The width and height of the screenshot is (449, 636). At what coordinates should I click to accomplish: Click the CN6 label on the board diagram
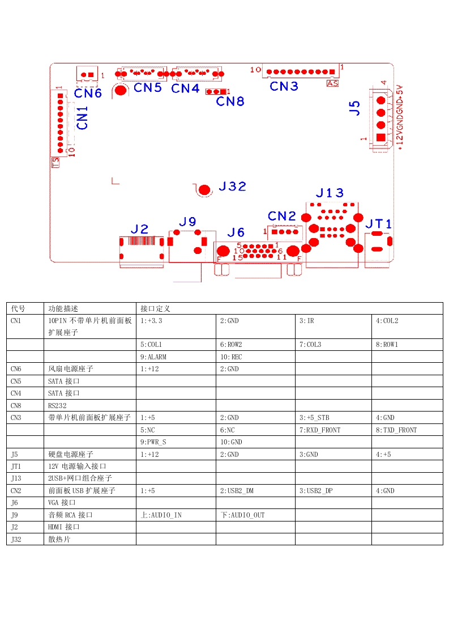(x=88, y=93)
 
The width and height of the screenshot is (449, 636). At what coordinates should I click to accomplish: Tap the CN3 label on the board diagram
(x=284, y=86)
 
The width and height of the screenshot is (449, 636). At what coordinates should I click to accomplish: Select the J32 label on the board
(x=232, y=186)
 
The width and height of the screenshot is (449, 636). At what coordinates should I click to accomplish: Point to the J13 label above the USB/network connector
(x=330, y=193)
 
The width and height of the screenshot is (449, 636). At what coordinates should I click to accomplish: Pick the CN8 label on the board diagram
(x=230, y=101)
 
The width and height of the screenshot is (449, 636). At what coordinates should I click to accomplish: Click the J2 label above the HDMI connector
(x=139, y=229)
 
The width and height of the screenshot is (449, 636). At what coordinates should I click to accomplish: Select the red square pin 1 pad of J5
(x=380, y=137)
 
